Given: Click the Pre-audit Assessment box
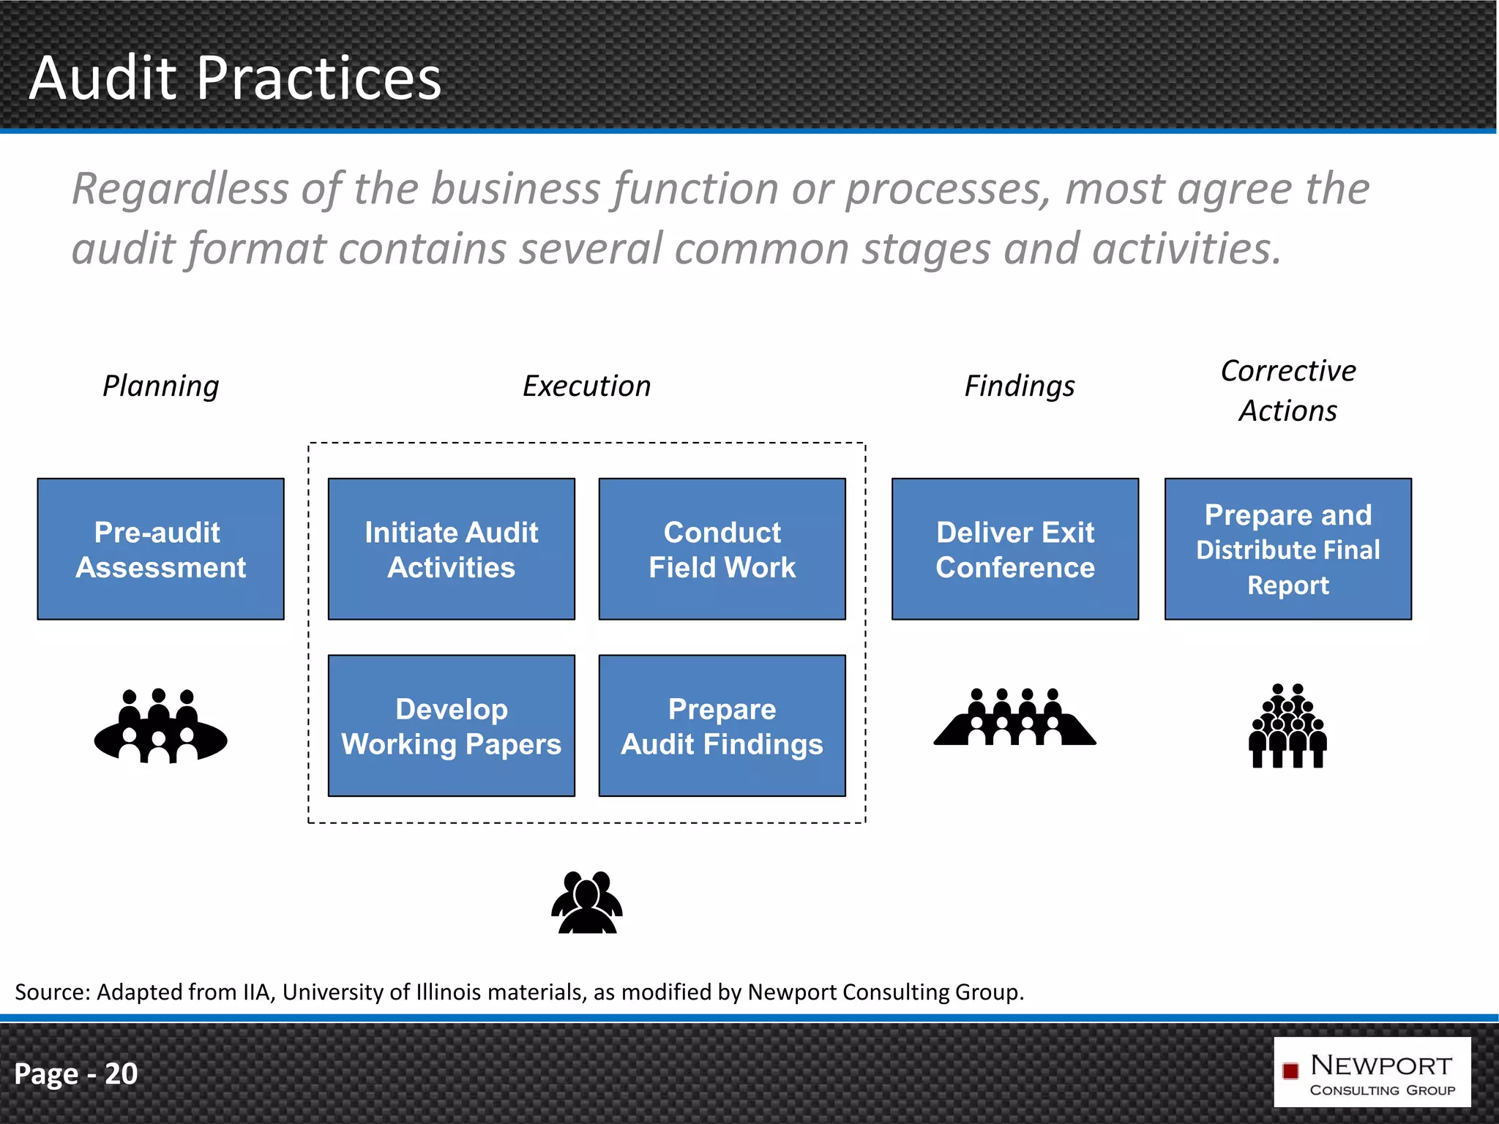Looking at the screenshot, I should (160, 549).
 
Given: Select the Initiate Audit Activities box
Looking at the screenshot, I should (451, 549).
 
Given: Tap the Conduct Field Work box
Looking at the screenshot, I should (722, 549).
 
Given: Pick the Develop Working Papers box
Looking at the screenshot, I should (451, 725).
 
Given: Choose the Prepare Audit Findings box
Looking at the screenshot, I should (722, 725).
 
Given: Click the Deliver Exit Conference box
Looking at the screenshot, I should (1014, 549).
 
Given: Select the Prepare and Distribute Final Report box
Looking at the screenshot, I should (1287, 549).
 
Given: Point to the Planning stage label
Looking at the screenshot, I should (160, 386).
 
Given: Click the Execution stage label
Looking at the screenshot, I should (586, 386).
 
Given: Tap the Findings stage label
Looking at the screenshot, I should (1019, 386).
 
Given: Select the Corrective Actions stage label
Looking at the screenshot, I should (1287, 391).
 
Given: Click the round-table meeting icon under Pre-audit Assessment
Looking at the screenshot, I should (160, 726).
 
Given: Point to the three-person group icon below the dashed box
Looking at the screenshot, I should (586, 902).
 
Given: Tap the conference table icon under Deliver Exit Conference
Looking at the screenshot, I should (1014, 718).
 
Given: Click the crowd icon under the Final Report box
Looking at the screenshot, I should (1287, 726).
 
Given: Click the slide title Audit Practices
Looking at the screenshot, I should (235, 78).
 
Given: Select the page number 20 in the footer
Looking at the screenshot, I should (121, 1074).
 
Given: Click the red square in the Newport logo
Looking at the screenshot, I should (1290, 1071).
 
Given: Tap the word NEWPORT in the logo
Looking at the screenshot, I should (1380, 1065).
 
